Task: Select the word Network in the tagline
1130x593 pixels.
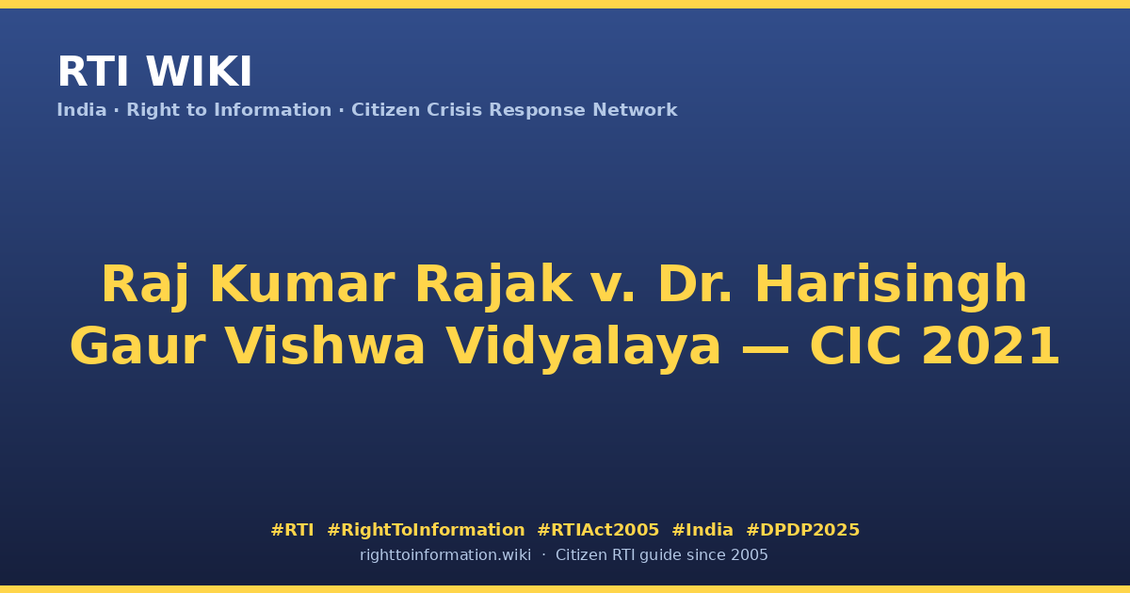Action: (635, 110)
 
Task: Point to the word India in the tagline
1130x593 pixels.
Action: (82, 110)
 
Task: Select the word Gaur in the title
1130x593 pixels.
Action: (137, 347)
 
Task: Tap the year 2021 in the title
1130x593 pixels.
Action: (991, 346)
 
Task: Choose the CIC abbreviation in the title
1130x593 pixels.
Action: (856, 346)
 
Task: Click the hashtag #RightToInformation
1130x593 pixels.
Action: (426, 530)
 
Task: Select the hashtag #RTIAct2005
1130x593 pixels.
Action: (598, 530)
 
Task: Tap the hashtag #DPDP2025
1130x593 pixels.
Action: (802, 530)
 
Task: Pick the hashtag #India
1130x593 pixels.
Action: (702, 530)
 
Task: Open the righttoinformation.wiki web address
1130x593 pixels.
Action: (445, 555)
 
